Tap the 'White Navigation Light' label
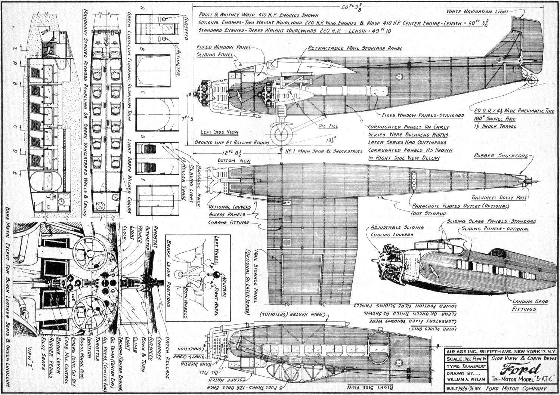point(477,12)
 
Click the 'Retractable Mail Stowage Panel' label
point(355,48)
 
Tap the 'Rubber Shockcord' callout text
point(501,156)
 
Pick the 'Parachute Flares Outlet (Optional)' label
point(460,206)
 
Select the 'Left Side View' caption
point(219,132)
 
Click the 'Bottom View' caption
point(234,161)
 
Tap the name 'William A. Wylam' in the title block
point(466,379)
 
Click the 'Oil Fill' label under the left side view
point(328,126)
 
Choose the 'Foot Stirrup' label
point(428,213)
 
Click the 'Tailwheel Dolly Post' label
point(499,198)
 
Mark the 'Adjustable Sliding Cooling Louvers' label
point(397,231)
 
